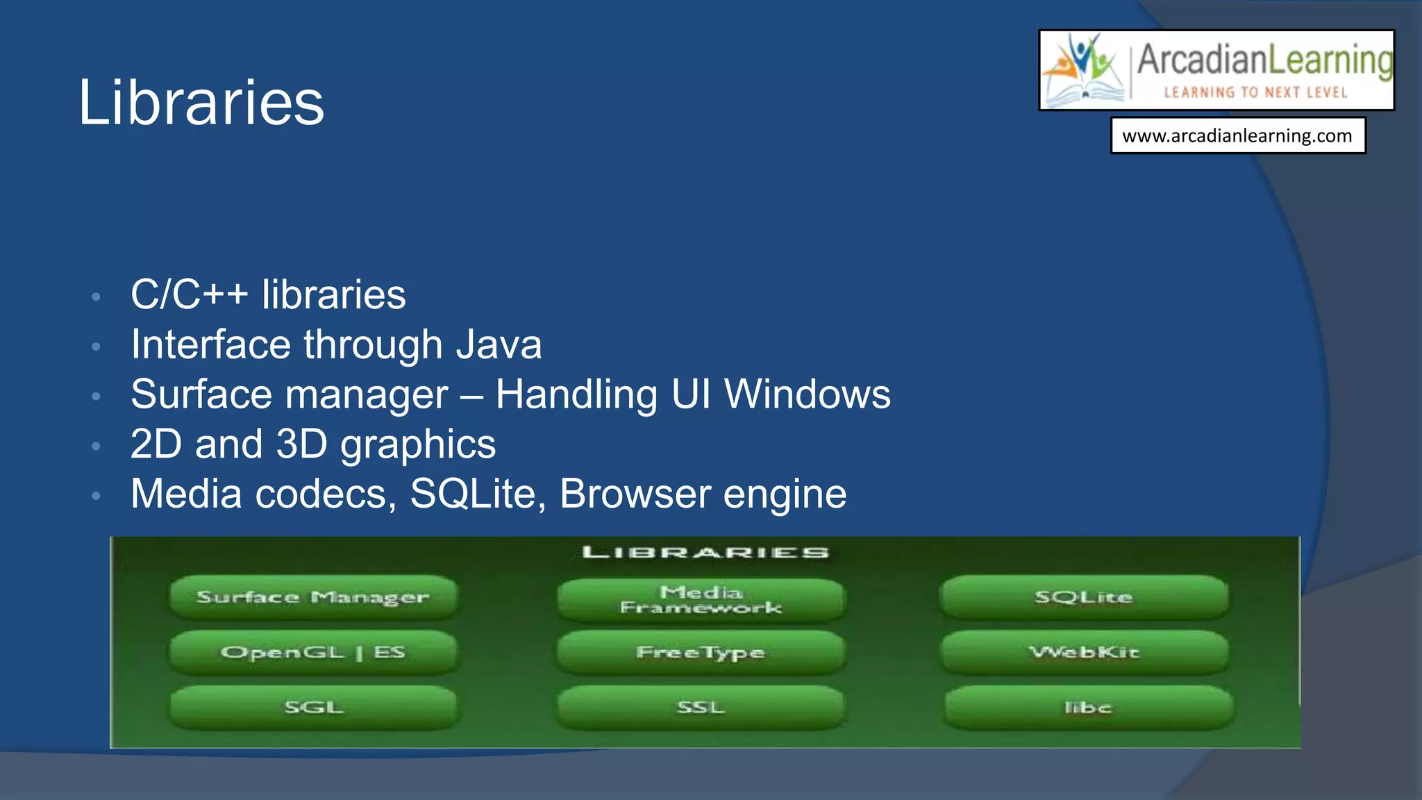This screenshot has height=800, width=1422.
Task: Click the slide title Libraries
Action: click(201, 103)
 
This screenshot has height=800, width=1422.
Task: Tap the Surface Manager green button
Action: click(313, 597)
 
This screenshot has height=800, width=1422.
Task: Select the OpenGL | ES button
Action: click(313, 652)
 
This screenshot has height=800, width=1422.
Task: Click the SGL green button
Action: click(313, 708)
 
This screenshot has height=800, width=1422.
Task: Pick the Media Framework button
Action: click(701, 600)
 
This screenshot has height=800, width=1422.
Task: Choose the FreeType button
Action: click(701, 652)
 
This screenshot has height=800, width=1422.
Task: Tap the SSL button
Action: click(701, 708)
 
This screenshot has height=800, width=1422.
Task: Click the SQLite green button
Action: click(1084, 597)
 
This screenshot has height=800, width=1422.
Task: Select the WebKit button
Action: click(1084, 652)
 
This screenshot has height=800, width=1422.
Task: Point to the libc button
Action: click(1088, 708)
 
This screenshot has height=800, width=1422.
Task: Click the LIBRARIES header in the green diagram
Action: click(705, 553)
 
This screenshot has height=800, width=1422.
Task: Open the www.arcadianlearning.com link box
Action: click(1237, 135)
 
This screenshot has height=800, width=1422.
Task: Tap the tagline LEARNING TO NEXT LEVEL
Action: click(1255, 92)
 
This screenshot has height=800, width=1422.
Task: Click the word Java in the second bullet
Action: click(499, 344)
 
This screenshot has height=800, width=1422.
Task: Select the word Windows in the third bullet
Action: click(807, 394)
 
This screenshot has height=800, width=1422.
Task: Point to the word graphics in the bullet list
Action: click(418, 444)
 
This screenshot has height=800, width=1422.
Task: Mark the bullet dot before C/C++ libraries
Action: click(97, 297)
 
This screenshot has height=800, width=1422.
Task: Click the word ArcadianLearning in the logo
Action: click(1264, 60)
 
